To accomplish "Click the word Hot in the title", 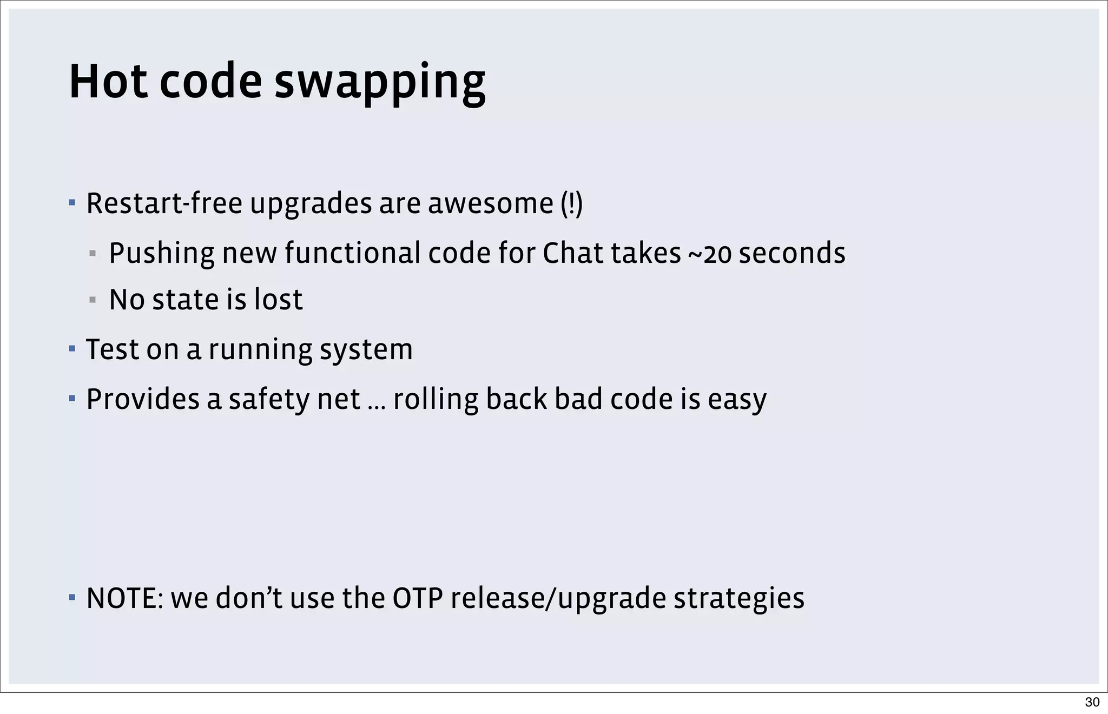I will click(108, 82).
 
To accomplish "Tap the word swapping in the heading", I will click(380, 84).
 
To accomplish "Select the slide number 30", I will click(1092, 702).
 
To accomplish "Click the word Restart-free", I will click(164, 204).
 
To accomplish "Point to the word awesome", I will click(491, 204).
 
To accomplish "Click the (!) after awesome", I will click(571, 204).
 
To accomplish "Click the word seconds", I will click(792, 253).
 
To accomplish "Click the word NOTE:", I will click(124, 598).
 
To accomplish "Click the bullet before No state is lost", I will click(93, 300).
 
